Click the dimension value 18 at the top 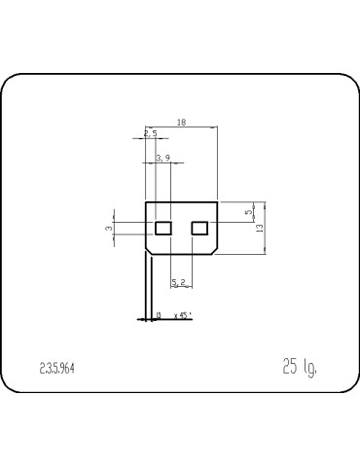181,123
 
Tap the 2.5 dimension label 150,133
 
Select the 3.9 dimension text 162,158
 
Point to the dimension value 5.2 180,282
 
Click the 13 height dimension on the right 260,228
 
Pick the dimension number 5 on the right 248,210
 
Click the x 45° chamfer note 182,315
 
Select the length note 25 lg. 299,366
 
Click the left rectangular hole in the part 163,228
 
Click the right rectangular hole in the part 199,228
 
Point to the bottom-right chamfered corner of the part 214,250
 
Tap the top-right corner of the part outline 217,202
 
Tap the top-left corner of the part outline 146,202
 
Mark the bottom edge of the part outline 181,254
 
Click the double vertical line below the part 149,287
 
